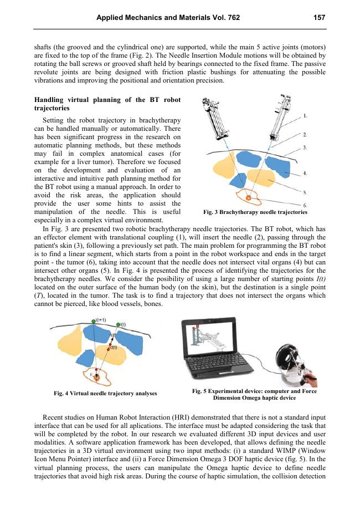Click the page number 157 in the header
click(318, 18)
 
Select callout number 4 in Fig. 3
click(305, 174)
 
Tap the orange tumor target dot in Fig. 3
click(249, 197)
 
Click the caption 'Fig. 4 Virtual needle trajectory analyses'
click(105, 394)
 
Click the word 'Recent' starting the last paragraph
click(54, 416)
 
